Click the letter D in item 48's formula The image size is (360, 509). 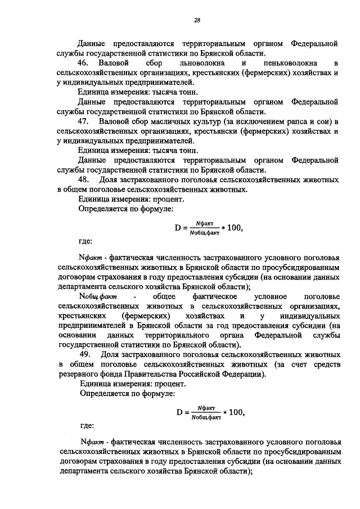178,228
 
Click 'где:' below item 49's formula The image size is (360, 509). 85,425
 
